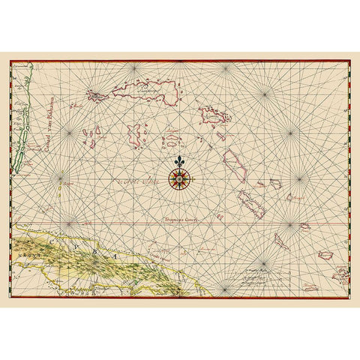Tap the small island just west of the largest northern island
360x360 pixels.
97,95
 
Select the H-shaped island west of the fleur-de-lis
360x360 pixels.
136,136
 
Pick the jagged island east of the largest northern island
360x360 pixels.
214,117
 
